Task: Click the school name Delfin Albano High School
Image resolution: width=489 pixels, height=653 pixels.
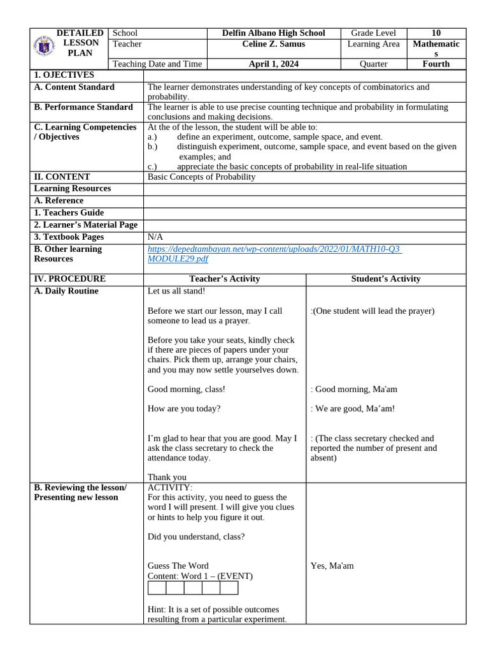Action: pos(273,33)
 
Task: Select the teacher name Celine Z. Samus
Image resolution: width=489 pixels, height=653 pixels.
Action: pos(273,44)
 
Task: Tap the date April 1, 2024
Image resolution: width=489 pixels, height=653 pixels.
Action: pos(273,64)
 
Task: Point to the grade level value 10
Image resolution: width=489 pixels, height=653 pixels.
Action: pos(436,33)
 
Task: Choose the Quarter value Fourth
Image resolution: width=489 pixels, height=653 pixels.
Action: pos(436,64)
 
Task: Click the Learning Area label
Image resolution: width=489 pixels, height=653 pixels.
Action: pos(373,44)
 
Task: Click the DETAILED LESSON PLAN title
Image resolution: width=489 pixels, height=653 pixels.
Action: pos(80,43)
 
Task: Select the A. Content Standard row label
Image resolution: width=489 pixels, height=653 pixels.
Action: pos(74,87)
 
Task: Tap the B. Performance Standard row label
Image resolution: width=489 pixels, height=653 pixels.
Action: pos(83,107)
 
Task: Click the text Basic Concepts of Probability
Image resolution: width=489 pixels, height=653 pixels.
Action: pos(201,177)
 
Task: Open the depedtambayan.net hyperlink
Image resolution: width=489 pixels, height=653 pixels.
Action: pos(273,249)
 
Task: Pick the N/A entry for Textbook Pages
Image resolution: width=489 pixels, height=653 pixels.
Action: pos(155,237)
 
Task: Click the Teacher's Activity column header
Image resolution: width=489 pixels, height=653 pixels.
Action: pos(224,279)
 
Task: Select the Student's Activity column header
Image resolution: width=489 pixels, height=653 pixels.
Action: pos(385,279)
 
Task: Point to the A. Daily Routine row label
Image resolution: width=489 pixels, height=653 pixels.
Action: pos(66,291)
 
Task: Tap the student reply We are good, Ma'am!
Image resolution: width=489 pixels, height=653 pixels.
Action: pos(352,409)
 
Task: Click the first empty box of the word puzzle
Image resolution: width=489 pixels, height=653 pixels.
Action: pos(157,588)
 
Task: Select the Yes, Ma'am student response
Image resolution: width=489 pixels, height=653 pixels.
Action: pos(332,566)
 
